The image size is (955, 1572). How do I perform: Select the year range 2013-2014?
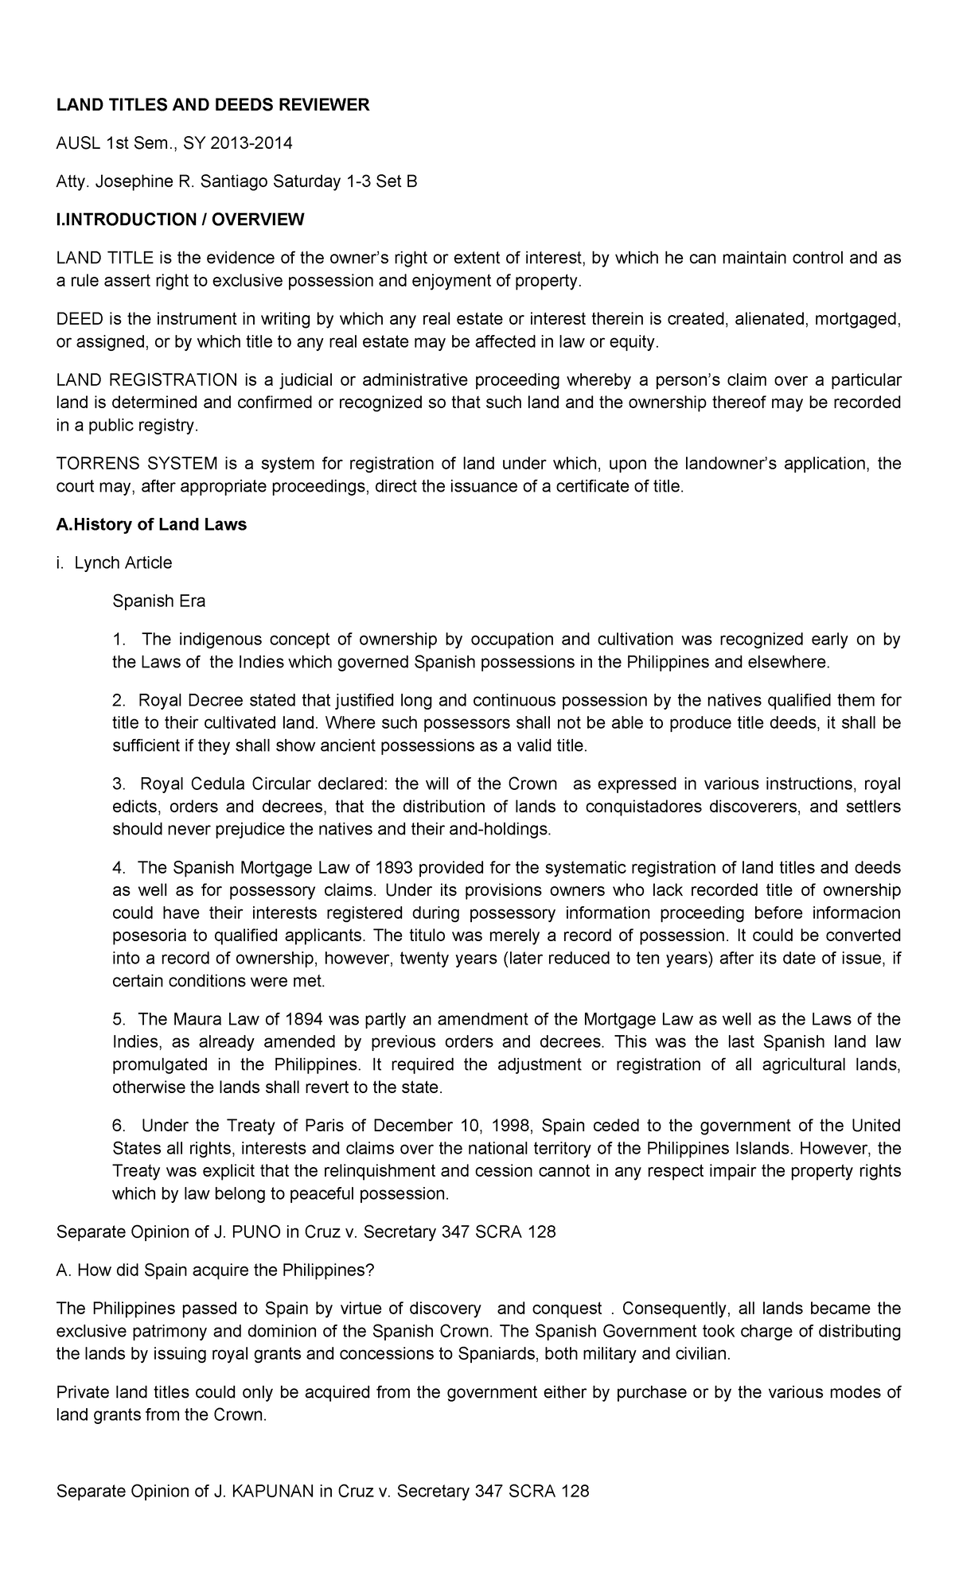tap(252, 143)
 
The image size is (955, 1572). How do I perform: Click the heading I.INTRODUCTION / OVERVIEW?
tap(180, 220)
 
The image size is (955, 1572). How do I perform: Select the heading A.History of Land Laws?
tap(151, 524)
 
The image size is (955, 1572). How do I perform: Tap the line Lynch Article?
tap(123, 562)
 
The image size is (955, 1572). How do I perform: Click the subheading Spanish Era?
tap(159, 601)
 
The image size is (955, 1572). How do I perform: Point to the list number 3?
tap(119, 784)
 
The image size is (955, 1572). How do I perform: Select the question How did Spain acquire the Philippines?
tap(215, 1270)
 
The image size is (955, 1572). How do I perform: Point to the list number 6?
tap(119, 1126)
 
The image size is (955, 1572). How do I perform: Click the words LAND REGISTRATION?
tap(146, 379)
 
